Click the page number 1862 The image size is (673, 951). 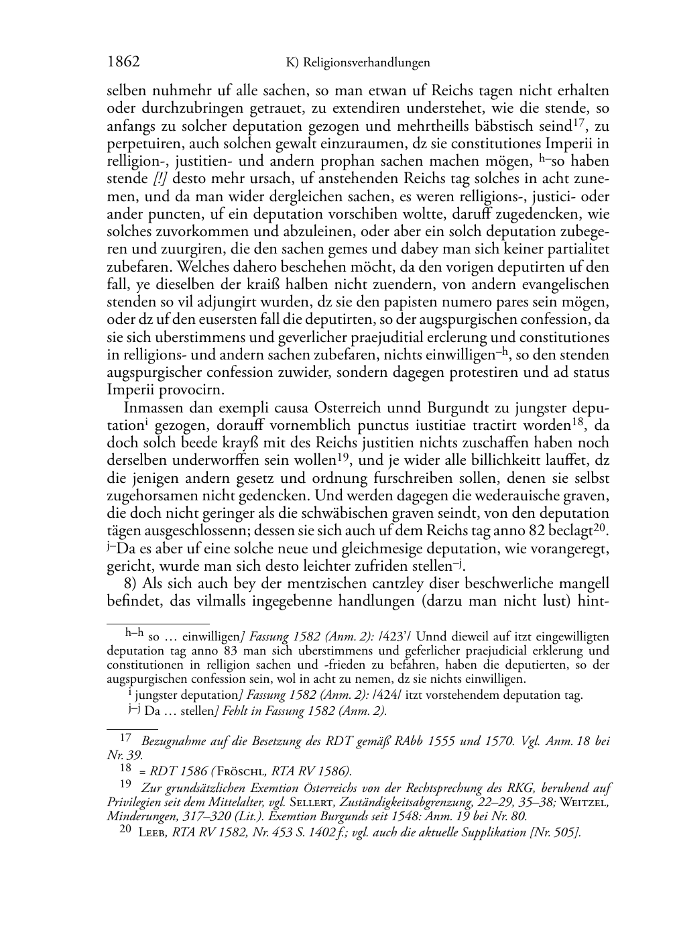click(x=123, y=62)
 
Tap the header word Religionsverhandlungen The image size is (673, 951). click(x=366, y=63)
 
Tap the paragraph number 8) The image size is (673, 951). click(x=132, y=583)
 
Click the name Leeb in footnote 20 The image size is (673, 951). click(x=153, y=832)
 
